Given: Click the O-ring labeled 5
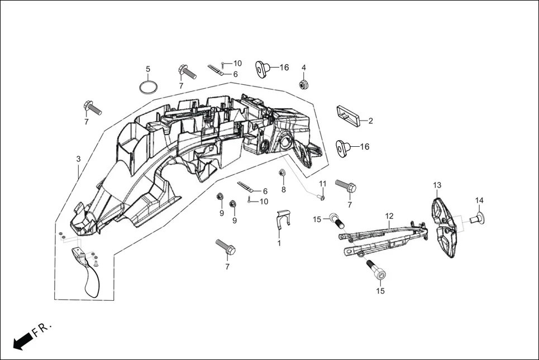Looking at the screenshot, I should [147, 87].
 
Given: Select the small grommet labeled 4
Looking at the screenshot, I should [304, 85].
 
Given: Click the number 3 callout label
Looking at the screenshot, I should [78, 159].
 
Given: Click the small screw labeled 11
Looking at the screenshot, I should [321, 196].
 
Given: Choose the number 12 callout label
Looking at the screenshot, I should [389, 215].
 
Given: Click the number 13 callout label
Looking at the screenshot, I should [437, 185].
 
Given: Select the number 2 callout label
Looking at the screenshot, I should [370, 121].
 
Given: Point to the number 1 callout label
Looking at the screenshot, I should [279, 243].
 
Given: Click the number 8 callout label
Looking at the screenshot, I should [283, 189].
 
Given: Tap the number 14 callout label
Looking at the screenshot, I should [479, 200].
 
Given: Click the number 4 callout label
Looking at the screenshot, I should [304, 68].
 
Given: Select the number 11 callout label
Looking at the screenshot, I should [322, 184].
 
